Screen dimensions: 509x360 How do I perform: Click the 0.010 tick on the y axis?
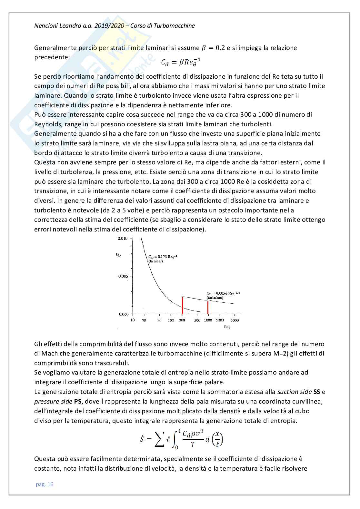click(123, 239)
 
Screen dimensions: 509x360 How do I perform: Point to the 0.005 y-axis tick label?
click(123, 276)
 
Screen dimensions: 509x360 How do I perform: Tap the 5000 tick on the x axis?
click(235, 320)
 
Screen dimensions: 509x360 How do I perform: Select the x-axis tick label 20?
click(144, 320)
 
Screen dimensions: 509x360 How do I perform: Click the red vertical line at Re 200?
click(182, 306)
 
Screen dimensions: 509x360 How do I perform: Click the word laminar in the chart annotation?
click(156, 261)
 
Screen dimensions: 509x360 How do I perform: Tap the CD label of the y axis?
click(118, 255)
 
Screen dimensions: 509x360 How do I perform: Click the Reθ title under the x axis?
click(227, 327)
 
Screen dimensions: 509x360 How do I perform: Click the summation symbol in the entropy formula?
click(159, 440)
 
